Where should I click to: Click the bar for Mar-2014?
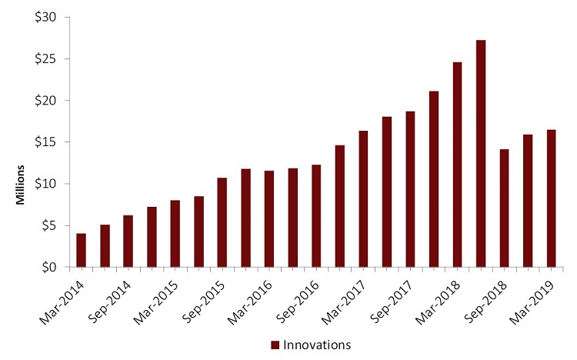(81, 250)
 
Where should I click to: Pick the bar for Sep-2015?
(222, 222)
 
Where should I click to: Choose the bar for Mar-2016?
(269, 219)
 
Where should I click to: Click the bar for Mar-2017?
(363, 199)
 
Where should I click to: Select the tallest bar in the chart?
(481, 154)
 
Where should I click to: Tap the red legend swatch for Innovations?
(274, 345)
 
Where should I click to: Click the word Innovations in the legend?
(318, 345)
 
